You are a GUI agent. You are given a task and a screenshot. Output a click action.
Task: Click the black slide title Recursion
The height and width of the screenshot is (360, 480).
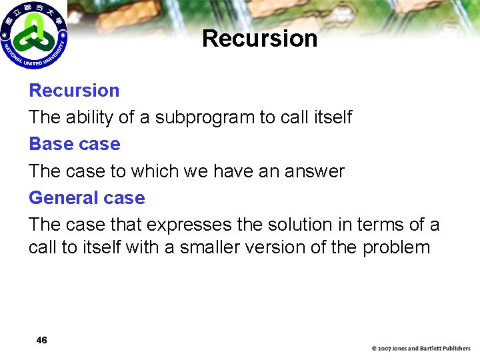(259, 39)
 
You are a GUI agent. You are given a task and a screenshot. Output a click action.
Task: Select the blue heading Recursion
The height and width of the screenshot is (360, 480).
(74, 91)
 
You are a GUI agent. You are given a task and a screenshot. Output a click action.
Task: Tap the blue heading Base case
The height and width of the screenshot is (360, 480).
(74, 144)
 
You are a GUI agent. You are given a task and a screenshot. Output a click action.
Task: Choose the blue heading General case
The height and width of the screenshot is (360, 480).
(87, 198)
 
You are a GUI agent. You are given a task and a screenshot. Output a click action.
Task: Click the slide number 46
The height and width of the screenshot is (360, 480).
(41, 341)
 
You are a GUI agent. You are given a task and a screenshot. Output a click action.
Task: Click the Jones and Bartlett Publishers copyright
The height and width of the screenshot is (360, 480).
(421, 349)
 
